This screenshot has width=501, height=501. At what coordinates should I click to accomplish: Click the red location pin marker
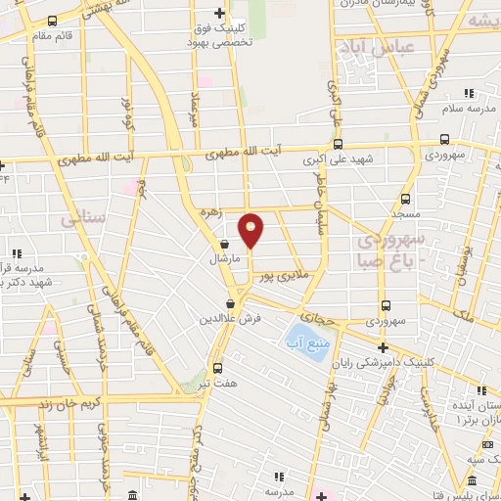(x=251, y=230)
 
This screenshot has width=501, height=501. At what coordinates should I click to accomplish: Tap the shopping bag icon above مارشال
(x=225, y=245)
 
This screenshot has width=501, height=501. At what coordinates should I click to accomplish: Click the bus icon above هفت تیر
(x=216, y=368)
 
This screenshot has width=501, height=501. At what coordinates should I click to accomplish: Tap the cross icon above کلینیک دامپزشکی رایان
(x=383, y=347)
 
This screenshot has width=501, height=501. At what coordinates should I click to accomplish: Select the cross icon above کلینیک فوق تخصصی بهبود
(x=221, y=13)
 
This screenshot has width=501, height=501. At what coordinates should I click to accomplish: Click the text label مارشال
(x=224, y=260)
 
